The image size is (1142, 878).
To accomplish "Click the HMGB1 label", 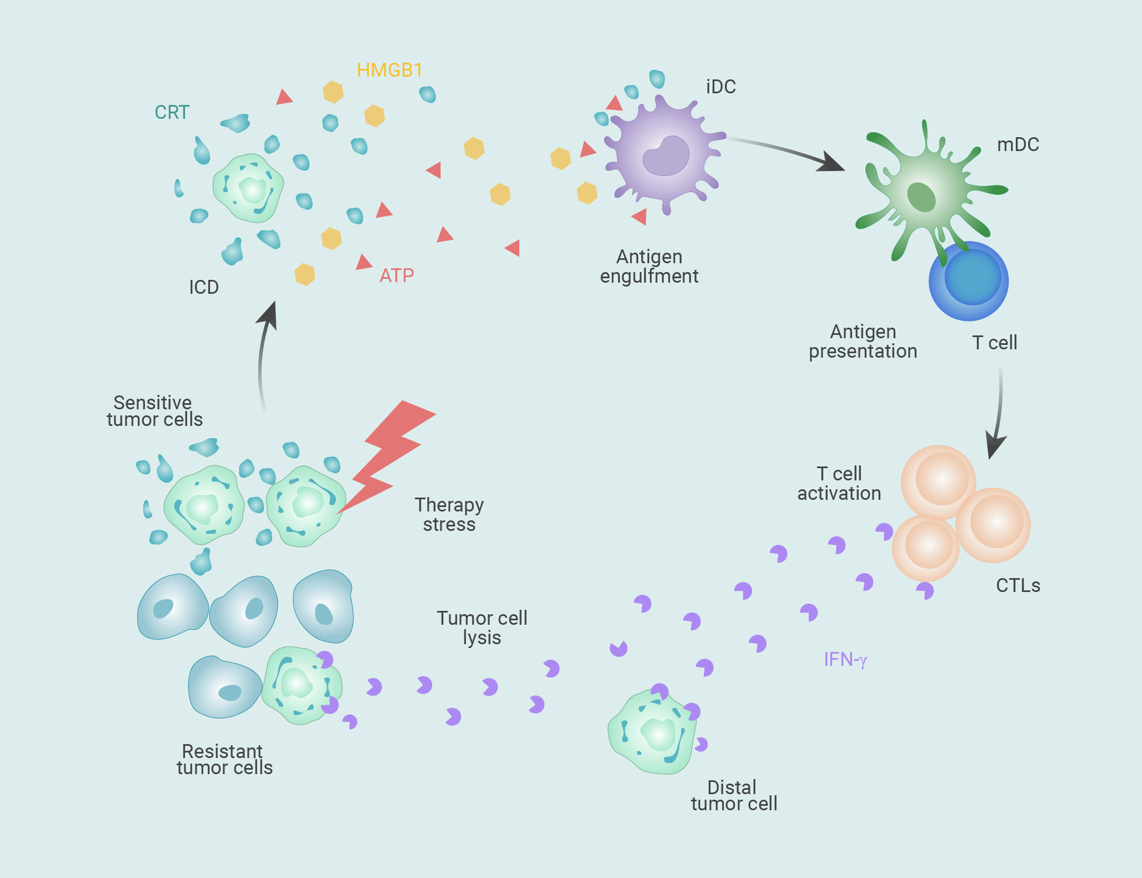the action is coord(389,70).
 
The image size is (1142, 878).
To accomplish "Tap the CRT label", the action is coord(172,112).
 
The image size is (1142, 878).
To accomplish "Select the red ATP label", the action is coord(397,275).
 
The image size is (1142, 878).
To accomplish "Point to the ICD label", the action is coord(204,287).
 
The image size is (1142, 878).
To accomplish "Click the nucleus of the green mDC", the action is coord(921,197).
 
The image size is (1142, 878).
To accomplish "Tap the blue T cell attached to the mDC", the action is coord(969,281).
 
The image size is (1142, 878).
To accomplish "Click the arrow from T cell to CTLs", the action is coord(999,411).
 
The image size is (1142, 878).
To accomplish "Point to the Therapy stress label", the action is coord(449,514).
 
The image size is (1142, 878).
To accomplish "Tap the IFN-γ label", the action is coord(845,660).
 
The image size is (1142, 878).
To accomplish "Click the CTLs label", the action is coord(1018,585).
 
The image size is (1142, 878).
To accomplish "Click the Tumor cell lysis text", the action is coord(482,628).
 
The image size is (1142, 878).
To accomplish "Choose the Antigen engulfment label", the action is coord(649,266).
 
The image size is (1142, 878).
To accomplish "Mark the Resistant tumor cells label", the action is coord(224,759).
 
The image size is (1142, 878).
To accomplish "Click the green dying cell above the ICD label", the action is coord(248,188).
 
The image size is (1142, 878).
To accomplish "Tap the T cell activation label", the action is coord(839,483).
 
